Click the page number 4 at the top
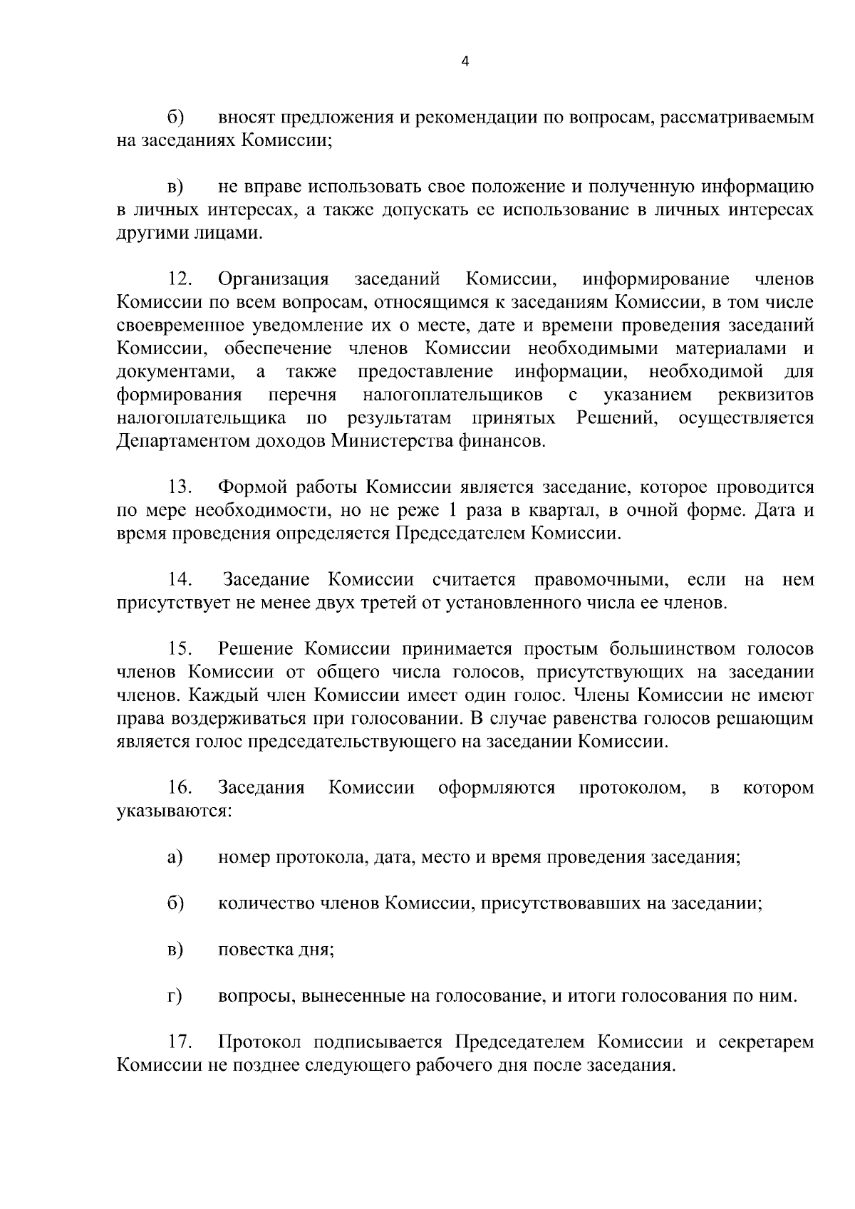[465, 61]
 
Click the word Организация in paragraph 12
[274, 279]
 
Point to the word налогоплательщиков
[452, 395]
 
